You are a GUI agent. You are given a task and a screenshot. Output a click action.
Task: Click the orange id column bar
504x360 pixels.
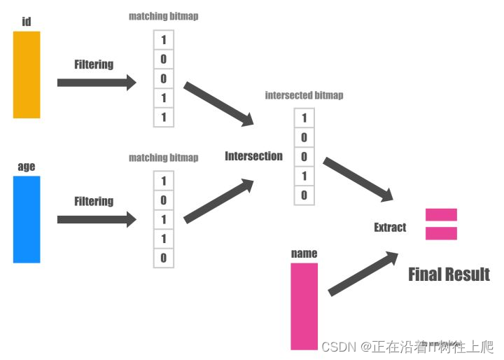click(27, 74)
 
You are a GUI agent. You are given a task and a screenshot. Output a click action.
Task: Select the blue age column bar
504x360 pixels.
click(27, 219)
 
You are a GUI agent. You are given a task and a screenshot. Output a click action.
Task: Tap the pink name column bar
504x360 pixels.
click(304, 306)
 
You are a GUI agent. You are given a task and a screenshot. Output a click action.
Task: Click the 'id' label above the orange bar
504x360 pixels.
click(27, 22)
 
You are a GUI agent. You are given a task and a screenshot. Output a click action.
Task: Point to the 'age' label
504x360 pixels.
click(27, 167)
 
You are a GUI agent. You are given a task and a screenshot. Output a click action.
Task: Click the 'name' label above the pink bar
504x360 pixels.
click(304, 254)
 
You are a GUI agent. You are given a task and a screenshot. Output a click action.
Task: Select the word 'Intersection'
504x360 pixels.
click(253, 156)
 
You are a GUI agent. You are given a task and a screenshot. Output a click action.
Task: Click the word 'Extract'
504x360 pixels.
click(390, 227)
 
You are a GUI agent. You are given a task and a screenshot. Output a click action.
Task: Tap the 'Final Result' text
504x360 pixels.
click(449, 274)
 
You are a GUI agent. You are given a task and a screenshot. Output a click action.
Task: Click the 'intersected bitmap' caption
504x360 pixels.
click(304, 95)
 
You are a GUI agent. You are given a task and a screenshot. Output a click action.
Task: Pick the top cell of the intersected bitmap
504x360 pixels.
click(304, 118)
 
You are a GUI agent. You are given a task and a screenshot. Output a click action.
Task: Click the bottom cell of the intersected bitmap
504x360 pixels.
click(304, 195)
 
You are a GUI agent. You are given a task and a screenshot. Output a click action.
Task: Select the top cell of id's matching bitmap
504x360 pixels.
click(164, 40)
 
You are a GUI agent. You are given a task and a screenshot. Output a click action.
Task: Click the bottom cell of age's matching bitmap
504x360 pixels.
click(164, 258)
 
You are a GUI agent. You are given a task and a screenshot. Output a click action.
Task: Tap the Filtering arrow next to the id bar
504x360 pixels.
click(97, 83)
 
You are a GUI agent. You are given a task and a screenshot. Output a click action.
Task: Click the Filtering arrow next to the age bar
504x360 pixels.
click(97, 219)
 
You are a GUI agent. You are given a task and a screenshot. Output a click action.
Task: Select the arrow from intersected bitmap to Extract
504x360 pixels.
click(358, 179)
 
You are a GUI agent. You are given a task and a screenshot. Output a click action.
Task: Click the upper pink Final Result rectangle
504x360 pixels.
click(441, 215)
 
